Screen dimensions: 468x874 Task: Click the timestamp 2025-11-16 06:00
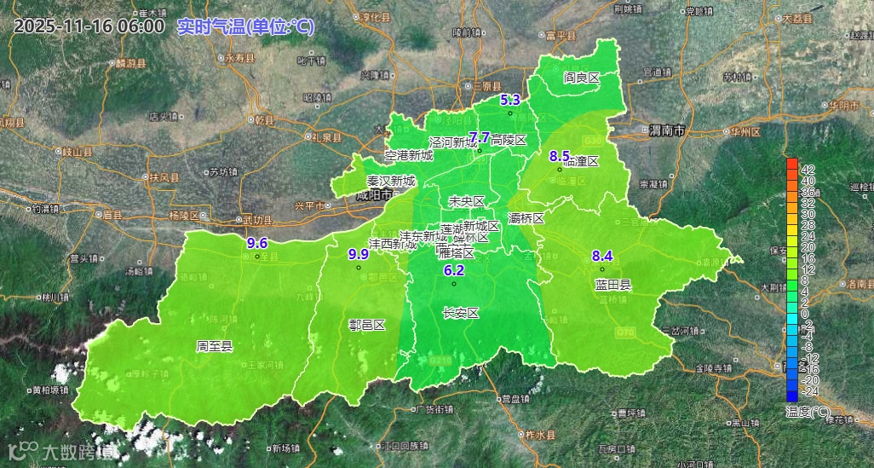[x=89, y=26]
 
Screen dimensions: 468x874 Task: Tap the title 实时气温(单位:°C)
[x=245, y=26]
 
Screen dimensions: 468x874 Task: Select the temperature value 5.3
[x=509, y=100]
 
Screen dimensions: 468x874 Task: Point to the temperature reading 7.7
[x=480, y=137]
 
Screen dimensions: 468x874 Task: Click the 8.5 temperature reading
[x=559, y=156]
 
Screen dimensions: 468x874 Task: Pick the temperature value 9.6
[x=257, y=243]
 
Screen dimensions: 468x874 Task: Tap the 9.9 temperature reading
[x=359, y=254]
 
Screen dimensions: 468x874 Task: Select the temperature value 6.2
[x=454, y=270]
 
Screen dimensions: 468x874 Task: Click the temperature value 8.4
[x=602, y=256]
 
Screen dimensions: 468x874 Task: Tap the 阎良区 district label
[x=582, y=78]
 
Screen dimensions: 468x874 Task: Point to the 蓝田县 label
[x=613, y=285]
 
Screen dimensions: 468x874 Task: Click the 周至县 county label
[x=215, y=346]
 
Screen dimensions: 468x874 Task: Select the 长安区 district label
[x=461, y=313]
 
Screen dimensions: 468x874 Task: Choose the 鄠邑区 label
[x=367, y=325]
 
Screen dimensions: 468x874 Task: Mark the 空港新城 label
[x=409, y=155]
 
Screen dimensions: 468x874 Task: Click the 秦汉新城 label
[x=391, y=181]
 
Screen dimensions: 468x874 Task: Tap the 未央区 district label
[x=467, y=201]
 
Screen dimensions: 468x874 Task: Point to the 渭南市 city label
[x=667, y=131]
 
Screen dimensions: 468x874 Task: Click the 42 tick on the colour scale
[x=808, y=169]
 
